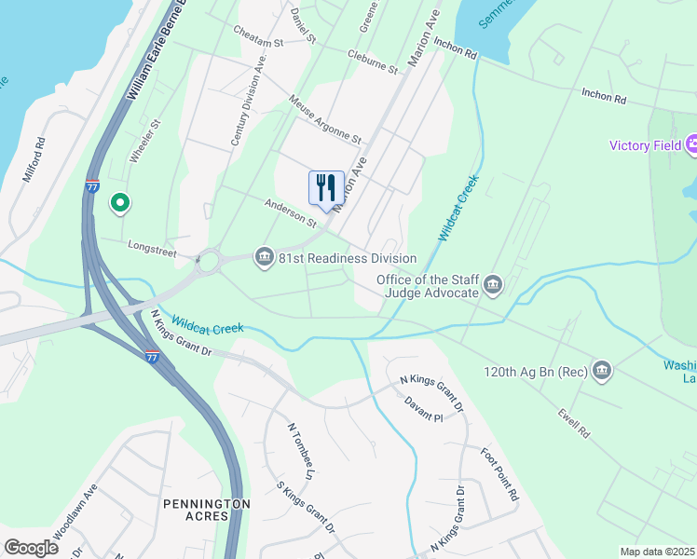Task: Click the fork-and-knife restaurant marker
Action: tap(325, 187)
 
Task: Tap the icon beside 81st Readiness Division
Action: tap(264, 257)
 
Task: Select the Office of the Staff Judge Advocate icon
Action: tap(493, 285)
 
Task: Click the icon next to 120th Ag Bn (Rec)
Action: tap(602, 372)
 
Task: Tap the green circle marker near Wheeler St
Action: tap(119, 201)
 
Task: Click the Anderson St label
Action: tap(291, 211)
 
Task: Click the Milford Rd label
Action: tap(34, 159)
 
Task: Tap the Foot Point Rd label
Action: tap(499, 475)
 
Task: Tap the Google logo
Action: tap(31, 548)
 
